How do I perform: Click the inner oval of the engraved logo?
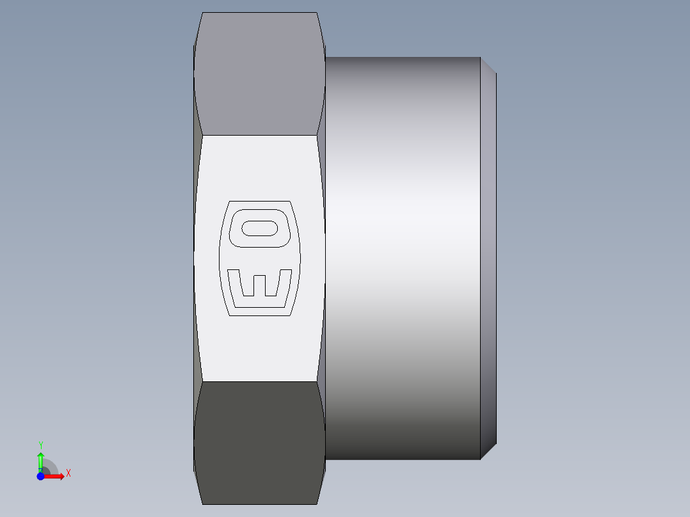(x=259, y=228)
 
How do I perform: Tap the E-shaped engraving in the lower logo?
(x=259, y=285)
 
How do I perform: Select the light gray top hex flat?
(x=259, y=74)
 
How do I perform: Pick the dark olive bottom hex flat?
(x=259, y=441)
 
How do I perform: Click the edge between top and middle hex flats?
(x=259, y=135)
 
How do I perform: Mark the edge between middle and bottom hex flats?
(x=259, y=382)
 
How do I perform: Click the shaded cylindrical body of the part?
(x=403, y=256)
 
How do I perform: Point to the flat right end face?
(x=495, y=256)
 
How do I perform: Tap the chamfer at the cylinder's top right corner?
(x=488, y=65)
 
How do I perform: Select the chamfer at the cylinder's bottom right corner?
(x=488, y=452)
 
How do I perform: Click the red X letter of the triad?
(x=68, y=473)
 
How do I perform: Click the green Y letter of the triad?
(x=40, y=445)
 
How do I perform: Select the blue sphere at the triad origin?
(x=40, y=477)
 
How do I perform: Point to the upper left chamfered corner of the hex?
(x=198, y=29)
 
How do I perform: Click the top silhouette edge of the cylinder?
(x=403, y=58)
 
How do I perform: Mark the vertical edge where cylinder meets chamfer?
(x=480, y=256)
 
